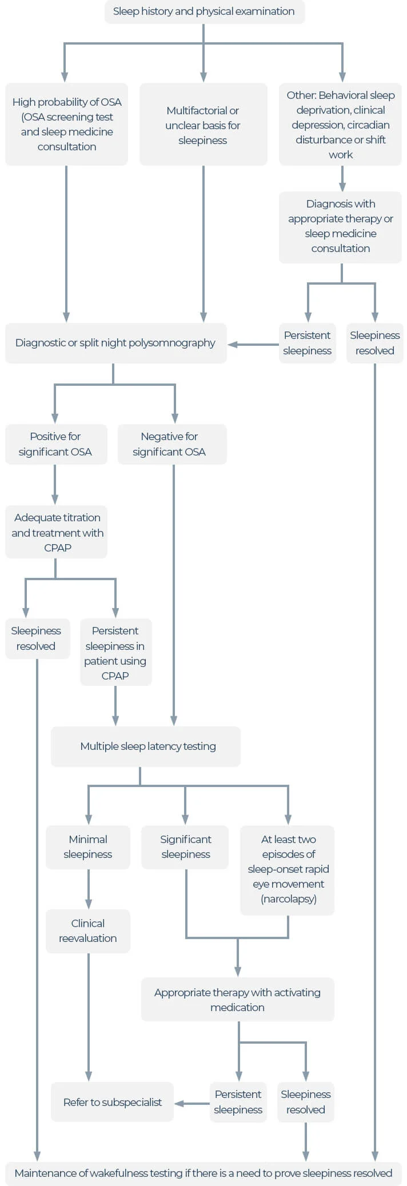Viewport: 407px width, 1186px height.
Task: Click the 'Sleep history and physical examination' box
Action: click(204, 11)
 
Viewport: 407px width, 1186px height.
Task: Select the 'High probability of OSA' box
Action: click(66, 124)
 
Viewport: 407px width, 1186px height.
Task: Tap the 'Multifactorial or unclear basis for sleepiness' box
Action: click(203, 125)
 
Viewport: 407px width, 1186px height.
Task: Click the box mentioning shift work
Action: click(340, 125)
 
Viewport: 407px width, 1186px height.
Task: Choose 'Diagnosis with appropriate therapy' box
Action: click(340, 226)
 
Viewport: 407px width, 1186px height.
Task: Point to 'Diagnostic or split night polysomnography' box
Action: click(115, 343)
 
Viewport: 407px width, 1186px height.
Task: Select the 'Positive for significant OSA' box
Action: click(55, 444)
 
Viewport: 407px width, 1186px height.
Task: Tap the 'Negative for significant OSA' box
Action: click(171, 444)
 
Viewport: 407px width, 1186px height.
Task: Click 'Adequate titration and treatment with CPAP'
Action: click(57, 532)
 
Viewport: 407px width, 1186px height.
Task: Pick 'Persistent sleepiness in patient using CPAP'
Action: click(115, 652)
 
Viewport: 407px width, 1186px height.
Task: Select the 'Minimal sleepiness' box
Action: click(88, 846)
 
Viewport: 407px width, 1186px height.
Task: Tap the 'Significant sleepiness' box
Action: click(185, 846)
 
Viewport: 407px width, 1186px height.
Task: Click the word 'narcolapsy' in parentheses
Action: click(288, 899)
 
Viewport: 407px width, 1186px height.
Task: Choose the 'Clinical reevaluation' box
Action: click(88, 931)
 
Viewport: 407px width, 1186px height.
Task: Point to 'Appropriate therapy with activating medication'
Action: click(237, 1000)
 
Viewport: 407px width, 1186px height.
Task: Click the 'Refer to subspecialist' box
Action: click(112, 1102)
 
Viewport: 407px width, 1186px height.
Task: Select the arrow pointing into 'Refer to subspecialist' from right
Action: click(179, 1103)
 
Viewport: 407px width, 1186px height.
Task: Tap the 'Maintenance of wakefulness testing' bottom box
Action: click(203, 1173)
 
